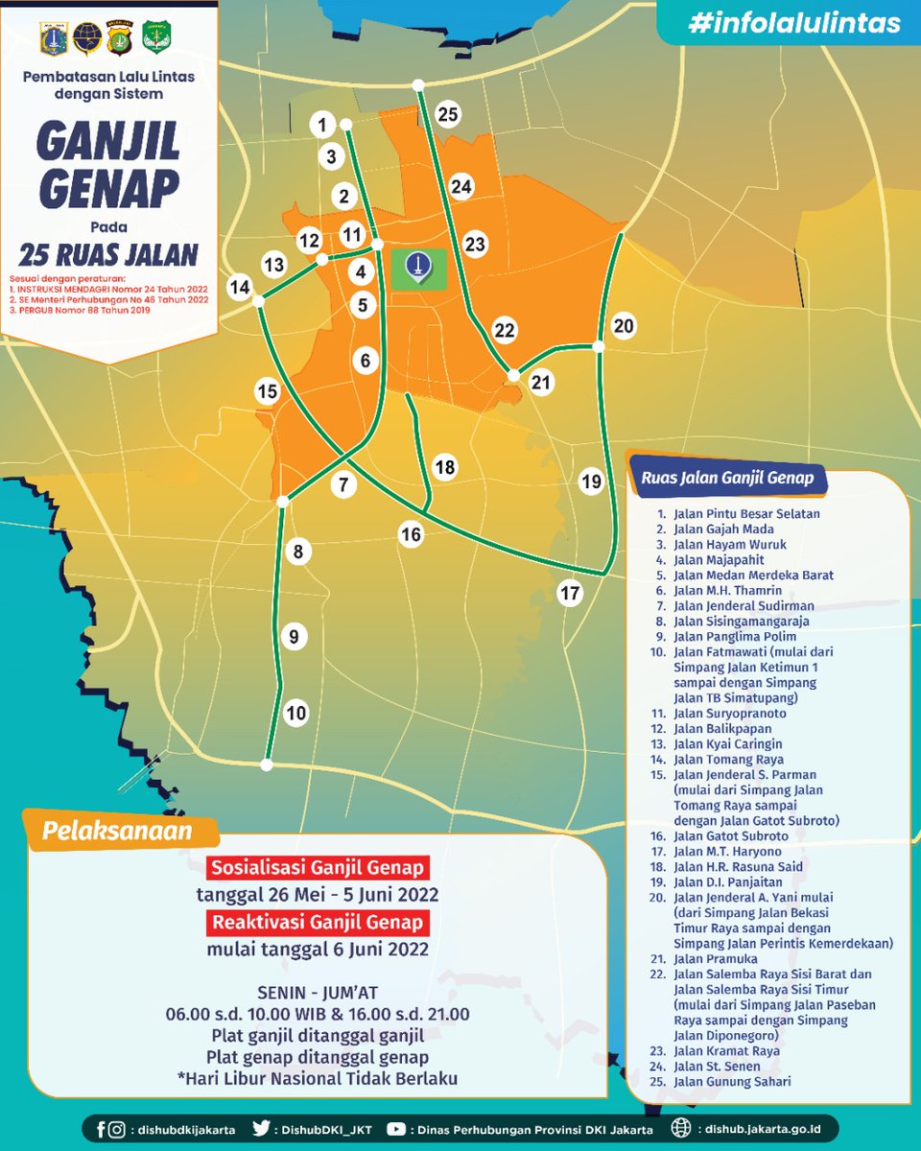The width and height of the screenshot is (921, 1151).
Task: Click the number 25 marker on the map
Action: pyautogui.click(x=448, y=114)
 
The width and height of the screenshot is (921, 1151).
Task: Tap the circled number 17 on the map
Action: pyautogui.click(x=570, y=594)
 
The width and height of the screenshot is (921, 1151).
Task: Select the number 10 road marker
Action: pyautogui.click(x=295, y=713)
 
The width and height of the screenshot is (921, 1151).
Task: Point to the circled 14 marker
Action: pyautogui.click(x=240, y=287)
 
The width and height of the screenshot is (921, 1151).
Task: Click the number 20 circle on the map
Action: pyautogui.click(x=624, y=326)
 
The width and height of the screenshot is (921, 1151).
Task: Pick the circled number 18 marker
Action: pyautogui.click(x=444, y=467)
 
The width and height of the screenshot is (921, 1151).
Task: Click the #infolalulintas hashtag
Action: pyautogui.click(x=794, y=23)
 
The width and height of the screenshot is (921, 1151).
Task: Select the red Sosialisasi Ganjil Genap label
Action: pyautogui.click(x=318, y=869)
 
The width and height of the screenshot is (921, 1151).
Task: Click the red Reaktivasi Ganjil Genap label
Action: pyautogui.click(x=318, y=923)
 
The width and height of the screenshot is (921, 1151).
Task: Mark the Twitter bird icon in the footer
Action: pyautogui.click(x=260, y=1129)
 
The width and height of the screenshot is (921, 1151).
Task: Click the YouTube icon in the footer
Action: pyautogui.click(x=396, y=1129)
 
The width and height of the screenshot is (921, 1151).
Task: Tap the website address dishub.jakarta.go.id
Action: pyautogui.click(x=758, y=1129)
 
